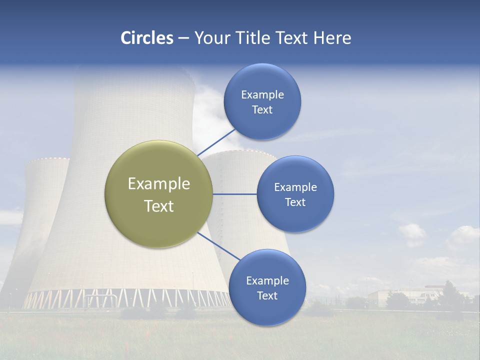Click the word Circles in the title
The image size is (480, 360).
146,38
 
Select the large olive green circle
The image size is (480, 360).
158,194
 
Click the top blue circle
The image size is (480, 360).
262,101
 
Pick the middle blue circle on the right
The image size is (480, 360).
295,194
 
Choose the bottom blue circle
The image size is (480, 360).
267,288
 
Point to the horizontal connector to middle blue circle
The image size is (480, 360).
234,194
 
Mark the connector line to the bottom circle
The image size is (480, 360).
218,248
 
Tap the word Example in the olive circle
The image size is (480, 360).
158,183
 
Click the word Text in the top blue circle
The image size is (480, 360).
262,110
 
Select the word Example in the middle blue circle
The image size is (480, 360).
295,187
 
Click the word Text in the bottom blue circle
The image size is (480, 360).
267,296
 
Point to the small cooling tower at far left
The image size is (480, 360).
40,210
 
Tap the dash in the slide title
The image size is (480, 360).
183,38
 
